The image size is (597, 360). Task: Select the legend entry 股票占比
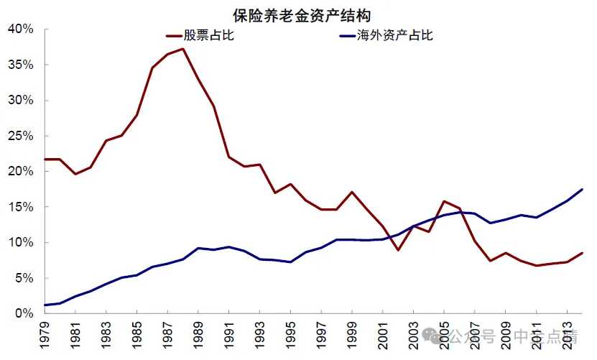tap(209, 35)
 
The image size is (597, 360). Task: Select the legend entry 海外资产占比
tap(395, 35)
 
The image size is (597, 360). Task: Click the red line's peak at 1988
tap(183, 49)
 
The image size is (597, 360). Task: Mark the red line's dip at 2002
tap(398, 250)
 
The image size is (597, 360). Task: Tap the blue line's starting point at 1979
tap(45, 305)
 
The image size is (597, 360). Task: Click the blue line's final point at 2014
tap(582, 189)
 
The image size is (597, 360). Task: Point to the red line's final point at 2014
tap(582, 253)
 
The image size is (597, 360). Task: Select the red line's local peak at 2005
tap(444, 201)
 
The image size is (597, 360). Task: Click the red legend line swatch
tap(172, 35)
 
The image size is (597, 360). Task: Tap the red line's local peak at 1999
tap(352, 192)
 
